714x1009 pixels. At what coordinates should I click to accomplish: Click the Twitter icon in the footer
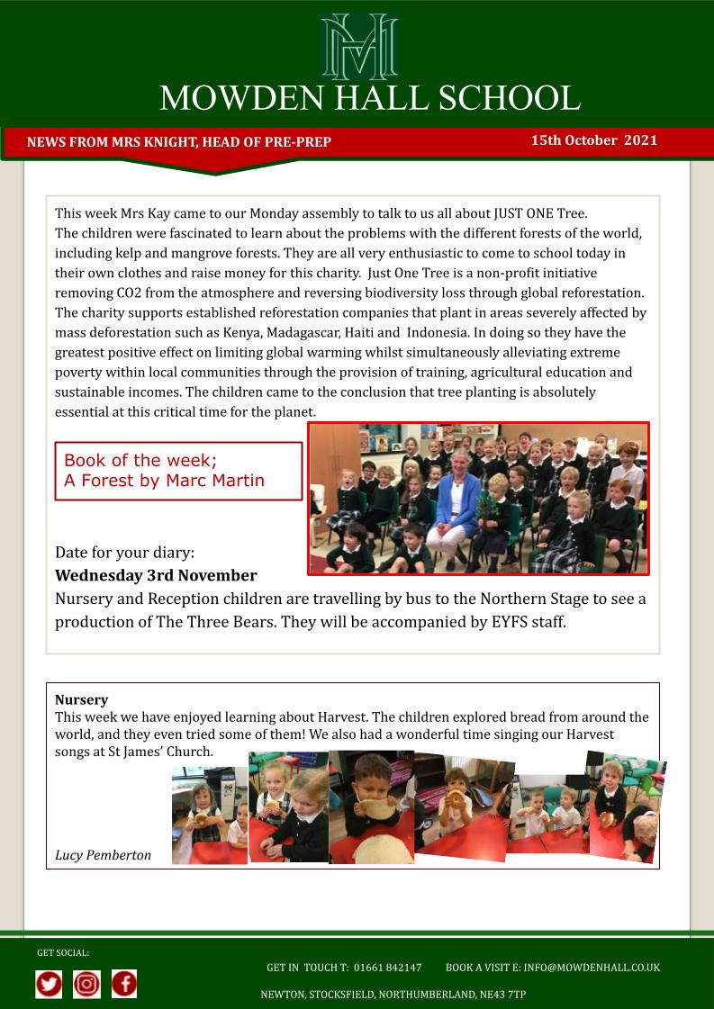pos(50,984)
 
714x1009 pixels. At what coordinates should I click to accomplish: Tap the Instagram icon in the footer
pos(86,984)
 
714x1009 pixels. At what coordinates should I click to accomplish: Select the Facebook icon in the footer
pos(124,984)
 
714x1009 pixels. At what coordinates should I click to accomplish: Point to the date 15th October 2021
pos(593,140)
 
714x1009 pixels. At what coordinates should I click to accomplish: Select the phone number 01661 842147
pos(387,968)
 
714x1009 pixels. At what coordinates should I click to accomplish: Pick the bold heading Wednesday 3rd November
pos(156,575)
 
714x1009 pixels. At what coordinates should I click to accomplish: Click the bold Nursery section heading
pos(81,699)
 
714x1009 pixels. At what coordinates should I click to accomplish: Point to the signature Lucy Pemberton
pos(103,855)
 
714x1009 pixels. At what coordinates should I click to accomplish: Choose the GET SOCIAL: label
pos(63,952)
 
